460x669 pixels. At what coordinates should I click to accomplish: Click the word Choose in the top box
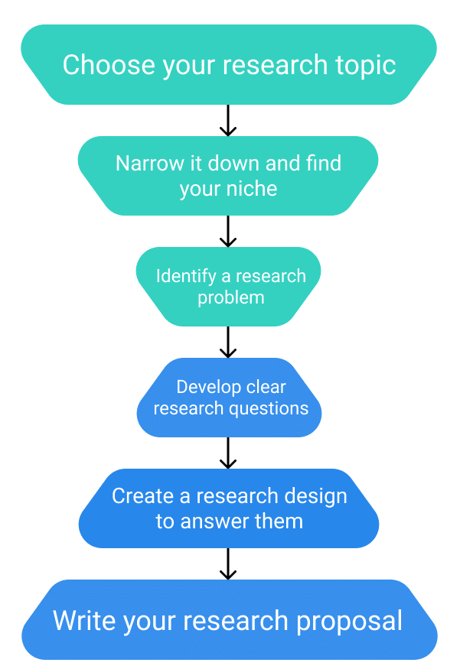[x=109, y=65]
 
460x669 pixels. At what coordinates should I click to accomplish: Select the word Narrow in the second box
[x=149, y=164]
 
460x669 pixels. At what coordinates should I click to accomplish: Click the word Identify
[x=186, y=277]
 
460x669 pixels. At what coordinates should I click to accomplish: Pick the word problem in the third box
[x=230, y=298]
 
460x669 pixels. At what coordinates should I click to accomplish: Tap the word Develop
[x=204, y=388]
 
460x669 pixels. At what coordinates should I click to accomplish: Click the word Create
[x=144, y=496]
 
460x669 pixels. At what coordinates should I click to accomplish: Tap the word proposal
[x=349, y=622]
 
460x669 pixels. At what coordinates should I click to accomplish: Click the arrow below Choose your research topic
[x=228, y=120]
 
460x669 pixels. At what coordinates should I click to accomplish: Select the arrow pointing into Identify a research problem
[x=228, y=231]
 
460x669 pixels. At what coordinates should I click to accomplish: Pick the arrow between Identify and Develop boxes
[x=228, y=343]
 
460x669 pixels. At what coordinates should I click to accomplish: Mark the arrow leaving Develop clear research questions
[x=228, y=453]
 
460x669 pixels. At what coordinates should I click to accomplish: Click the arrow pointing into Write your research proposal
[x=228, y=564]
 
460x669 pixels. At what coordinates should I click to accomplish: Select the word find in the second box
[x=324, y=164]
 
